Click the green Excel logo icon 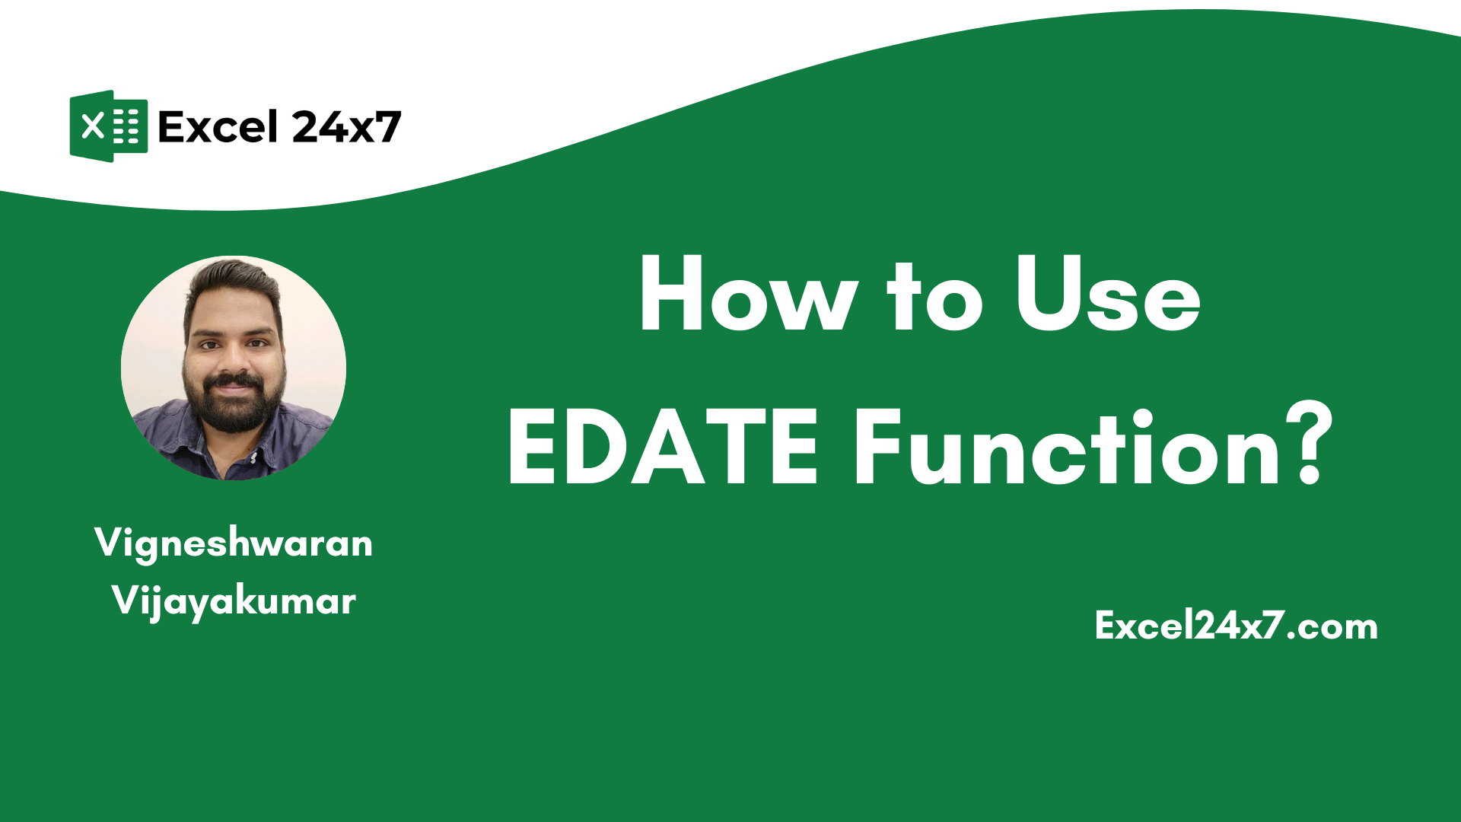tap(108, 126)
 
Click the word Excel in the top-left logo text tap(218, 127)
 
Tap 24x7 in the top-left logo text tap(346, 127)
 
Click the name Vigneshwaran tap(234, 543)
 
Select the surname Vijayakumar tap(234, 601)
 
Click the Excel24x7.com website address tap(1236, 626)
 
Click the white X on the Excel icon tap(92, 126)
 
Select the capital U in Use tap(1049, 294)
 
